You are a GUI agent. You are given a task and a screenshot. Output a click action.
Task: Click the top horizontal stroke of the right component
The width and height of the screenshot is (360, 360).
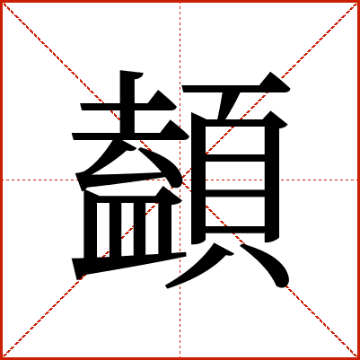tap(236, 89)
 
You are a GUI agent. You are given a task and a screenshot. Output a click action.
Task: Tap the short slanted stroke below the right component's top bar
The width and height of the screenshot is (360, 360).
tap(229, 106)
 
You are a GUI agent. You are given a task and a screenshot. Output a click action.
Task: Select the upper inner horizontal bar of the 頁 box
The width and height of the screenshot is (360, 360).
tap(235, 158)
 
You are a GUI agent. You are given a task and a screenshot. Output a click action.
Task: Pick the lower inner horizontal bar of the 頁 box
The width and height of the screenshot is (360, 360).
tap(235, 193)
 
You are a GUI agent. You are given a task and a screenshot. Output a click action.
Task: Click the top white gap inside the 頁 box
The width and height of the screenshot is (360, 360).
tap(235, 140)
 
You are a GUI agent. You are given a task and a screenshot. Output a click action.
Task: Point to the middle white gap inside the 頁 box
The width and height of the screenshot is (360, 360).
tap(235, 176)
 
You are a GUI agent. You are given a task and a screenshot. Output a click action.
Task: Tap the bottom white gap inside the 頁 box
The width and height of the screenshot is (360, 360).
tap(235, 212)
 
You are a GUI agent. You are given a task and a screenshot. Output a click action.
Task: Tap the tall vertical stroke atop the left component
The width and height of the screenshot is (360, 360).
tap(127, 101)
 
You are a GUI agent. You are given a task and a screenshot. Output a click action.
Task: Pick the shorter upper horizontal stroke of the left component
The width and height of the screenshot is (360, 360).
tap(128, 107)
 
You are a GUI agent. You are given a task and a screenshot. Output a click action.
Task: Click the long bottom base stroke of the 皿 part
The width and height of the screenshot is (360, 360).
tap(129, 266)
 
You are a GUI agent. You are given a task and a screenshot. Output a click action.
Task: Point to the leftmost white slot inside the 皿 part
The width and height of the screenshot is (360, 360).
tap(103, 230)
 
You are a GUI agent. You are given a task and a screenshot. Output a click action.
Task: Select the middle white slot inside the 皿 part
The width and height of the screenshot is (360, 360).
tap(127, 229)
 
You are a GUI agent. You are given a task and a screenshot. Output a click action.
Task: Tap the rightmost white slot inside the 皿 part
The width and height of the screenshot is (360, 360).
tap(152, 229)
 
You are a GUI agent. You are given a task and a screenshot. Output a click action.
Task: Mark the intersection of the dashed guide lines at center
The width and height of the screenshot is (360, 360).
tap(180, 180)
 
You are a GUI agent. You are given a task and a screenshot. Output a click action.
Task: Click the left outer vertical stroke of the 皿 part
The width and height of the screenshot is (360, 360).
tap(91, 224)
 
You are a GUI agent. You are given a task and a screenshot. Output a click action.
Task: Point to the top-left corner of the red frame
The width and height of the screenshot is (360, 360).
tap(1, 1)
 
